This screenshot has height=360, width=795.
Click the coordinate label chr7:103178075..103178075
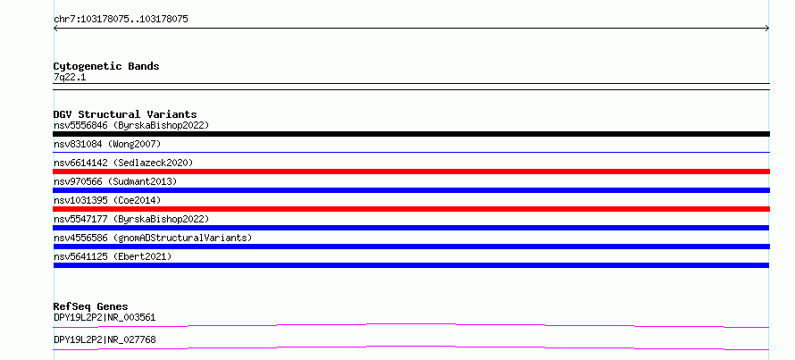tap(121, 20)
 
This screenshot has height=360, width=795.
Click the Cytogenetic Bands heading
tap(106, 66)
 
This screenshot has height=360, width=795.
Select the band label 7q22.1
tap(70, 78)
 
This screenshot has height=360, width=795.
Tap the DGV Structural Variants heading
tap(125, 114)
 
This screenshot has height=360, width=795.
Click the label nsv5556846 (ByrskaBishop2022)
tap(131, 125)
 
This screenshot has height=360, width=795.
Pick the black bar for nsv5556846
tap(411, 134)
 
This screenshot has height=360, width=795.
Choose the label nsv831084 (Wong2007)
tap(107, 145)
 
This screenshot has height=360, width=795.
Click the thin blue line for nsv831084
tap(411, 152)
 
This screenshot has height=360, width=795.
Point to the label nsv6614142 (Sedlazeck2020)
tap(123, 163)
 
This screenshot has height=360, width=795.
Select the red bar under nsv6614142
tap(411, 172)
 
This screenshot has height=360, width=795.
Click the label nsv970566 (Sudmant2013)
tap(115, 181)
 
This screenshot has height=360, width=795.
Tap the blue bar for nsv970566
tap(411, 190)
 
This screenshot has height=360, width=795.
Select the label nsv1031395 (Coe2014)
tap(107, 200)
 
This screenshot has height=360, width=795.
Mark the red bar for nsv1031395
tap(411, 209)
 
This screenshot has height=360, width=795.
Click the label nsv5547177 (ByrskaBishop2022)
tap(131, 219)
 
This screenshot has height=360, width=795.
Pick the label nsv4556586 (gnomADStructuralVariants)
tap(153, 238)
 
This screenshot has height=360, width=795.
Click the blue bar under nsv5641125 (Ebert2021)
tap(411, 265)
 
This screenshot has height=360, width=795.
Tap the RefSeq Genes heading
tap(90, 306)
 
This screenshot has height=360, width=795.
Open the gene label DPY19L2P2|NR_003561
tap(105, 318)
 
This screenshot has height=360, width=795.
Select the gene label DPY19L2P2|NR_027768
tap(105, 339)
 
